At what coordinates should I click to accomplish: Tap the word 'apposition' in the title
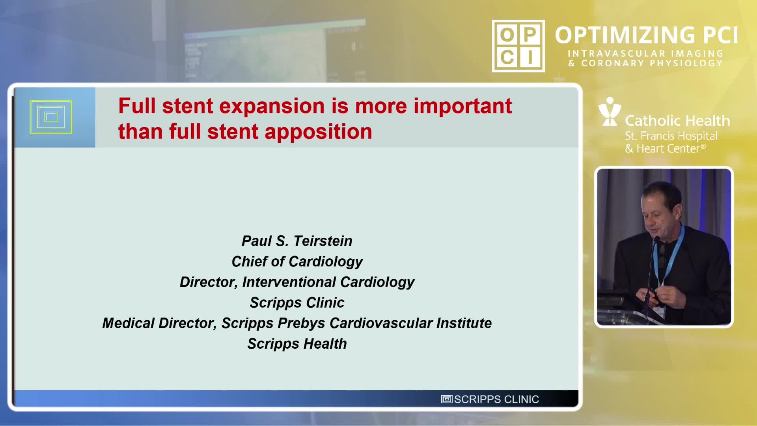(x=318, y=132)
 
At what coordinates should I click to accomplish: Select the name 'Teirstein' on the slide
(x=323, y=241)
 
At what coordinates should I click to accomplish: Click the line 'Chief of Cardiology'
(x=297, y=262)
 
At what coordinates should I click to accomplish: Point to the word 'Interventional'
(x=289, y=282)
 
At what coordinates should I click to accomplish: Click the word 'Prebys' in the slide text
(x=302, y=323)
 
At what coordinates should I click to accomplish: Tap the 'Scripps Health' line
(x=297, y=344)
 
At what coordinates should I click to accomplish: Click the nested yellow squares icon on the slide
(x=51, y=117)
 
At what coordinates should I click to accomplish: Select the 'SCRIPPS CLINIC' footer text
(x=496, y=400)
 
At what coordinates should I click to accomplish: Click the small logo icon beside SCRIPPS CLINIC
(x=446, y=400)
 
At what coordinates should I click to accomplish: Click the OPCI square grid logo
(x=518, y=46)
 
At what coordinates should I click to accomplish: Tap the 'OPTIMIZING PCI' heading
(x=646, y=35)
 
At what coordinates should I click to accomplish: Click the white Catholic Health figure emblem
(x=610, y=112)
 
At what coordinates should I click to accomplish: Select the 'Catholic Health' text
(x=677, y=121)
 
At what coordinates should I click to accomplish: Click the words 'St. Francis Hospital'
(x=671, y=136)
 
